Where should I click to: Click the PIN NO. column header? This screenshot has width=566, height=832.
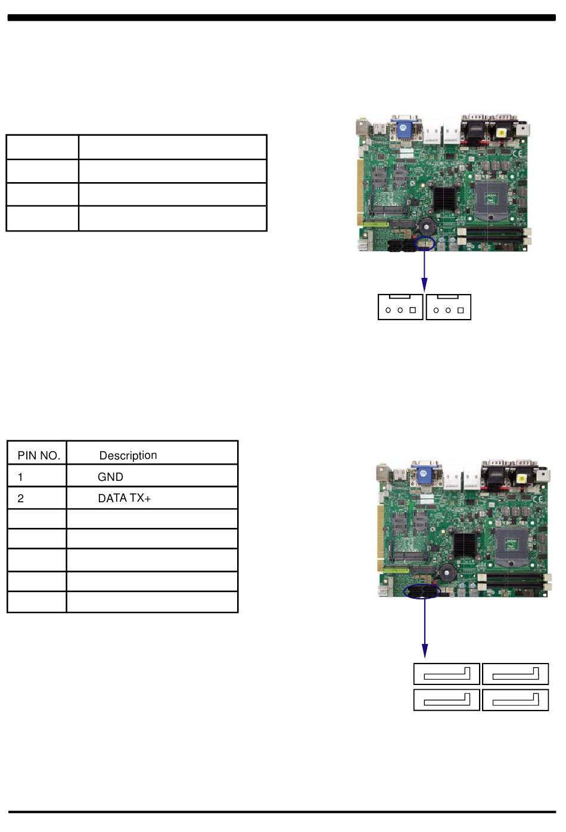click(39, 455)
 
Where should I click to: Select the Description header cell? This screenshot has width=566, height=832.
click(128, 455)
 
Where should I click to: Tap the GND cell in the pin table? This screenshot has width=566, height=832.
click(110, 477)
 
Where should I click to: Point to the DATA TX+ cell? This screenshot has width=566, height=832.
click(124, 498)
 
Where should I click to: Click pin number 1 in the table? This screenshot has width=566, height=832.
click(20, 477)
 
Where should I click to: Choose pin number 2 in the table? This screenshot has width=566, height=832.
click(20, 498)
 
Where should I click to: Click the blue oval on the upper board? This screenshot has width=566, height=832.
click(425, 243)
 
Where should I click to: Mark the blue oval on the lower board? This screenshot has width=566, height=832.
click(421, 591)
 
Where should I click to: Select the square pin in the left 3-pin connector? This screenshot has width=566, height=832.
click(412, 310)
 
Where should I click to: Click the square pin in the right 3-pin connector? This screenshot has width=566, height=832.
click(461, 310)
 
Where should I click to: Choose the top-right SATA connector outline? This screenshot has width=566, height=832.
click(515, 674)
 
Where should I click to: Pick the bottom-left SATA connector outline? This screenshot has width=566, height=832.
click(447, 700)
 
